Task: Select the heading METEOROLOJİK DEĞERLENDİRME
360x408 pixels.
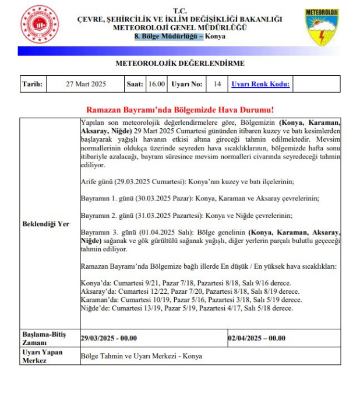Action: click(180, 64)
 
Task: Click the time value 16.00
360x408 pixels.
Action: click(156, 85)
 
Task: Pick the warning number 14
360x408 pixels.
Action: click(217, 85)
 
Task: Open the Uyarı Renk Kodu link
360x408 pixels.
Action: click(260, 85)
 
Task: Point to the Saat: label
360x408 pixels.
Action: click(135, 85)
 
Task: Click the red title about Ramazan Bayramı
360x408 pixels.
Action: click(180, 110)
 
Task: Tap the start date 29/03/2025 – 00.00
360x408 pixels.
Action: click(108, 337)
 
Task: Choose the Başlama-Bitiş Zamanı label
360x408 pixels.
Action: click(44, 338)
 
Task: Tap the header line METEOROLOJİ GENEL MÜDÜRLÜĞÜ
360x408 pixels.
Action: click(179, 27)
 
